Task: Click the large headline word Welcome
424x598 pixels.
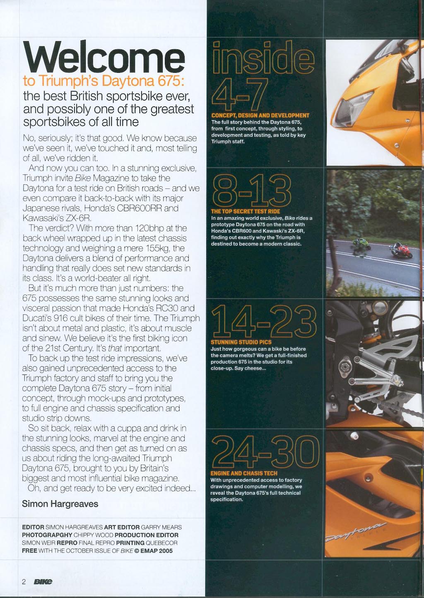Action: pyautogui.click(x=104, y=57)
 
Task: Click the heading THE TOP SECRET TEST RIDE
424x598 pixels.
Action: pyautogui.click(x=245, y=211)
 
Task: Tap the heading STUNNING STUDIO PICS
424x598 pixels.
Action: pyautogui.click(x=241, y=342)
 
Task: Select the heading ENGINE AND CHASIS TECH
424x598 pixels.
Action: pyautogui.click(x=243, y=473)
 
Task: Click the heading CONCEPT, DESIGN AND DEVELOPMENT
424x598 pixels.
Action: pyautogui.click(x=260, y=116)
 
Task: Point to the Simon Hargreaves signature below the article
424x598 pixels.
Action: pyautogui.click(x=60, y=504)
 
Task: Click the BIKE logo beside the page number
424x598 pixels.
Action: pyautogui.click(x=43, y=581)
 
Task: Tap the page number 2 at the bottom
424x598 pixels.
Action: pyautogui.click(x=24, y=581)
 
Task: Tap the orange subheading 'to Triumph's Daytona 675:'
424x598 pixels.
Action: pyautogui.click(x=103, y=81)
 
